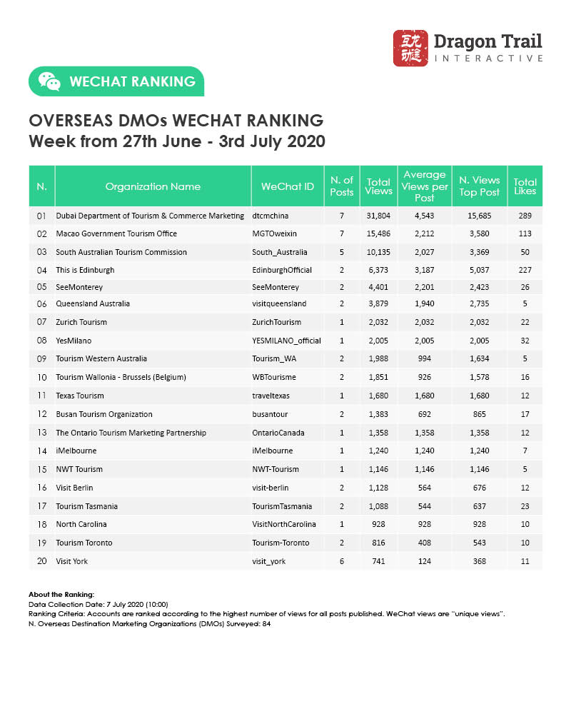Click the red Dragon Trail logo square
[x=410, y=48]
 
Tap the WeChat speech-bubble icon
[x=49, y=81]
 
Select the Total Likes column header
[x=525, y=186]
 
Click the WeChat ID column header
[x=288, y=186]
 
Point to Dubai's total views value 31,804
[x=378, y=215]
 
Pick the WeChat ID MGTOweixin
[x=275, y=233]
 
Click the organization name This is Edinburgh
[x=85, y=270]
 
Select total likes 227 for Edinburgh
[x=525, y=270]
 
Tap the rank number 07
[x=41, y=322]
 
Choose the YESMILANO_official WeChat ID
[x=287, y=341]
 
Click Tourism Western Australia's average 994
[x=425, y=358]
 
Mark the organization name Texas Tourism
[x=80, y=396]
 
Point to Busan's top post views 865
[x=479, y=414]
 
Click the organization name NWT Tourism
[x=79, y=469]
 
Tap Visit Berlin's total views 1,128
[x=378, y=488]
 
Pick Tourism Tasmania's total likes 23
[x=525, y=506]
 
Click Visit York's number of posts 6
[x=342, y=561]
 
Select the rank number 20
[x=41, y=561]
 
